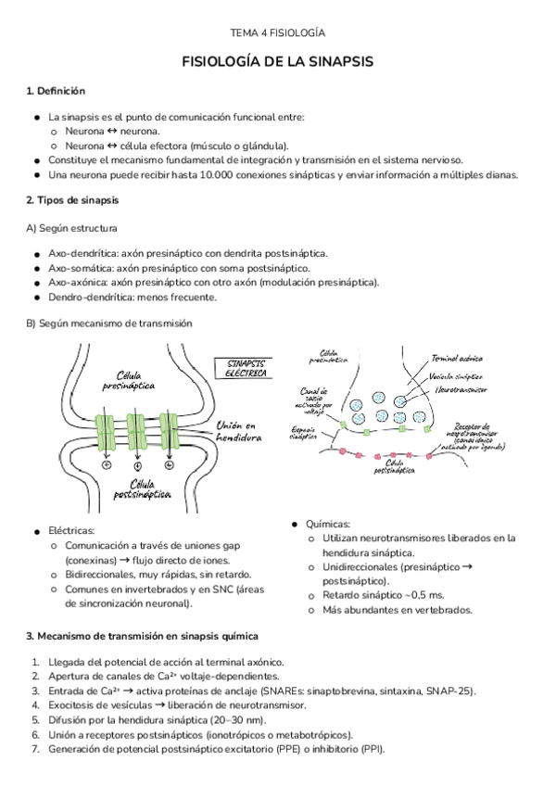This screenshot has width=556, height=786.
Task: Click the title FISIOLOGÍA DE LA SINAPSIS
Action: coord(278,62)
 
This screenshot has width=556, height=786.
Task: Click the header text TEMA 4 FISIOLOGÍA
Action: coord(278,32)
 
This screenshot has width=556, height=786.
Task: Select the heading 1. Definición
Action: coord(56,91)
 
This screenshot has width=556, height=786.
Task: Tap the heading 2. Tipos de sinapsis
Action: coord(71,200)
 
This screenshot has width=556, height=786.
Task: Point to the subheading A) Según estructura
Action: coord(71,228)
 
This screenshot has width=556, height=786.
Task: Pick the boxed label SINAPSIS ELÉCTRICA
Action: coord(242,368)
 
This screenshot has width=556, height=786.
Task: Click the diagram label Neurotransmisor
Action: coord(464,390)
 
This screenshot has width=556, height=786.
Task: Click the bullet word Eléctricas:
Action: coord(71,531)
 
